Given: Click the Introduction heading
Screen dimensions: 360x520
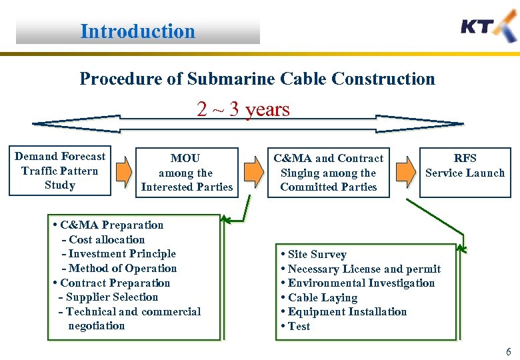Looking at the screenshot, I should (x=137, y=31).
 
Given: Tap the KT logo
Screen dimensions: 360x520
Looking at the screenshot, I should (x=488, y=28).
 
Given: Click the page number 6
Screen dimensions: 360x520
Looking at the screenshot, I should (x=508, y=351).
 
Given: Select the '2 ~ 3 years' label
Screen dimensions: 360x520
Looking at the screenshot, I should (x=243, y=109).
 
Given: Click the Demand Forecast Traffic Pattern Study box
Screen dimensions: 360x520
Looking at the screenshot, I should (x=60, y=171).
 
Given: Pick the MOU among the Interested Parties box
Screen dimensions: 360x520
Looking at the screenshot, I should (x=186, y=173).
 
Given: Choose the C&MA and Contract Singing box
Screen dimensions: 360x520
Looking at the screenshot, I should (x=329, y=173).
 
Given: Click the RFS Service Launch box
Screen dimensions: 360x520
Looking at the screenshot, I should (x=465, y=166).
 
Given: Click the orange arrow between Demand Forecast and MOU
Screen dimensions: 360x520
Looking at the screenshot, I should (x=122, y=171).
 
